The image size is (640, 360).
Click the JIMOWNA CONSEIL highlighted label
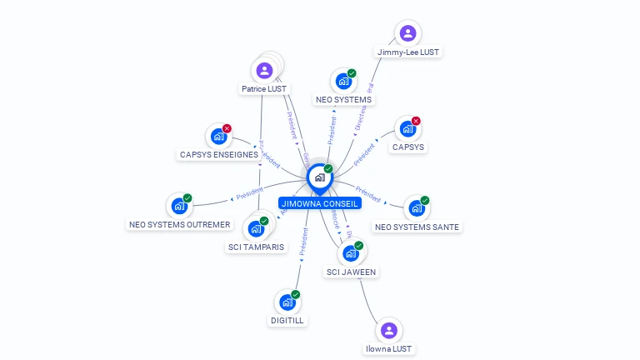click(320, 202)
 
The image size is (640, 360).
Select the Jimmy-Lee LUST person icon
click(407, 33)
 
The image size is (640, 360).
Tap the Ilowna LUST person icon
click(388, 330)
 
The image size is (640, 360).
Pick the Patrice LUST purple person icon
click(264, 71)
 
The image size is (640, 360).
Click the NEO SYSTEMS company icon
click(342, 82)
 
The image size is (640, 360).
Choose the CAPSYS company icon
click(407, 129)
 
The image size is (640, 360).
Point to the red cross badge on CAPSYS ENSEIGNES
click(227, 129)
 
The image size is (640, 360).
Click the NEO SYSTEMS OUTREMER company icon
click(178, 206)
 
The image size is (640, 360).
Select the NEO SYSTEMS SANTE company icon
click(415, 208)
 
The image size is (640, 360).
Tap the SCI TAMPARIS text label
click(256, 247)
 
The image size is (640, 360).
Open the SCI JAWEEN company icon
click(350, 253)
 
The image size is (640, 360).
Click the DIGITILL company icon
click(287, 302)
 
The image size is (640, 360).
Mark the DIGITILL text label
click(287, 320)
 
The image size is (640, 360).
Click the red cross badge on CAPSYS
click(416, 121)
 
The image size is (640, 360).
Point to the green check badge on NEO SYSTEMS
click(352, 73)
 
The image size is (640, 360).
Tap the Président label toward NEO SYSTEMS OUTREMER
click(249, 195)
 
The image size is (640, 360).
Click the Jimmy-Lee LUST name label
click(408, 52)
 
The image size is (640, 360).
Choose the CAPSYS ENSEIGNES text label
click(218, 155)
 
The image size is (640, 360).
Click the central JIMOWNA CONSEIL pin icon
click(319, 177)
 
